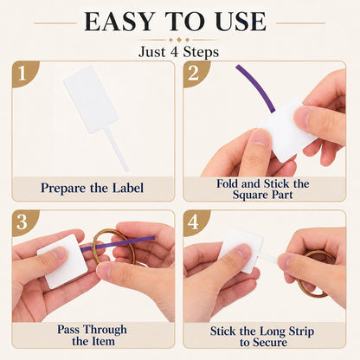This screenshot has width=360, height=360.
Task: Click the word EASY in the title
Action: [x=119, y=22]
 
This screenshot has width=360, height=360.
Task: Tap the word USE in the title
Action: [x=241, y=22]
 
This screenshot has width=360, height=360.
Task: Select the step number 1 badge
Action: [x=22, y=74]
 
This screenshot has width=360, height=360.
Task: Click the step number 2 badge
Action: [x=194, y=74]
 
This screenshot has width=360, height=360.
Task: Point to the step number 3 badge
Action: [x=22, y=222]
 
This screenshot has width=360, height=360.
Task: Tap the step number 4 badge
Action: [x=193, y=222]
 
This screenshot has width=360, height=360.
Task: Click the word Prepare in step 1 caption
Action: [x=63, y=189]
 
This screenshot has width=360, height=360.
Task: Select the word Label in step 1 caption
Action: [x=128, y=188]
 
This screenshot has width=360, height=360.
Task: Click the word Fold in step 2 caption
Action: [x=228, y=183]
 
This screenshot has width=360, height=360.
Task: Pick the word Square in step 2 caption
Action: [x=250, y=196]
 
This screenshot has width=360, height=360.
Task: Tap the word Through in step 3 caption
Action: [x=106, y=330]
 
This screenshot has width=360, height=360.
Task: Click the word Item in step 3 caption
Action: [x=103, y=342]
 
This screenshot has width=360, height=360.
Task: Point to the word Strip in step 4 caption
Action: [x=301, y=331]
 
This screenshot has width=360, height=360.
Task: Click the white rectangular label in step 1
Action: [x=91, y=100]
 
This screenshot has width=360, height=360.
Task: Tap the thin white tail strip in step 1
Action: [x=117, y=149]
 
